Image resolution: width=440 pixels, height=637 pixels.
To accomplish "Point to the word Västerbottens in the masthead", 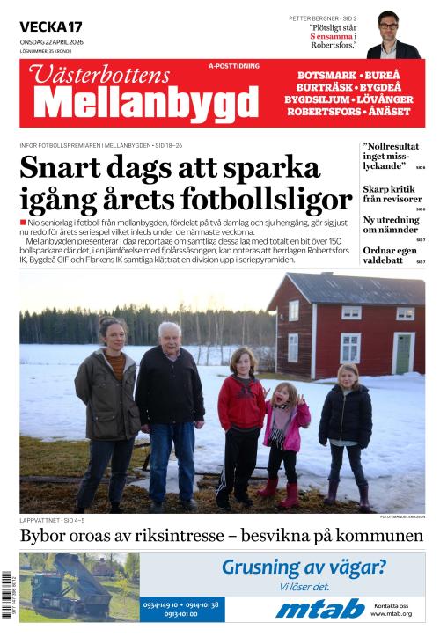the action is pos(88,75).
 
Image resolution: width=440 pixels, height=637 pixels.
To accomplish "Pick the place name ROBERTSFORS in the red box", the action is pos(326,112).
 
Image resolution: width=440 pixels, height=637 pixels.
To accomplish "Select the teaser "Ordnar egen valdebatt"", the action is pos(388,254).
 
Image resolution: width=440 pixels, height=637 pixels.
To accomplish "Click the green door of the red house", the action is pos(403,353).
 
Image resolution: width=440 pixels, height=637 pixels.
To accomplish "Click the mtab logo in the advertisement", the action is pos(319,608).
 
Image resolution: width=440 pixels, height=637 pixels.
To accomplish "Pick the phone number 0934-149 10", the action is pos(162,604).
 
